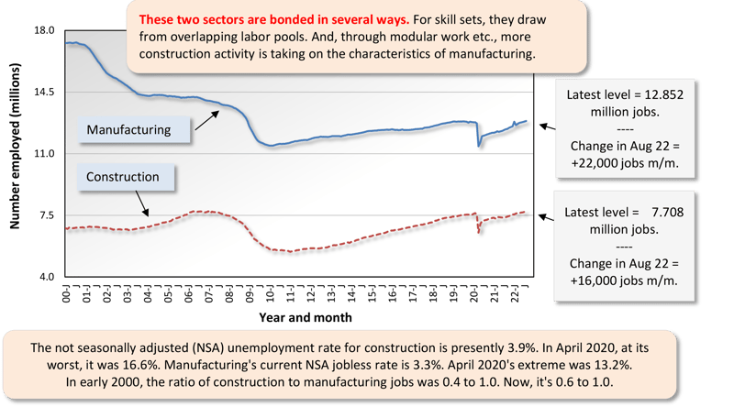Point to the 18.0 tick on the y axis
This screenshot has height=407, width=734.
coord(44,30)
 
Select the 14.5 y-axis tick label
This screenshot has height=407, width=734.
coord(44,92)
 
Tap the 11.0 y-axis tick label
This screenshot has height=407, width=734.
coord(44,154)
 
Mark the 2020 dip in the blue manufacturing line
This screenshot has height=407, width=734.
coord(478,144)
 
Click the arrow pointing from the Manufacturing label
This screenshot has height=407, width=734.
coord(206,120)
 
